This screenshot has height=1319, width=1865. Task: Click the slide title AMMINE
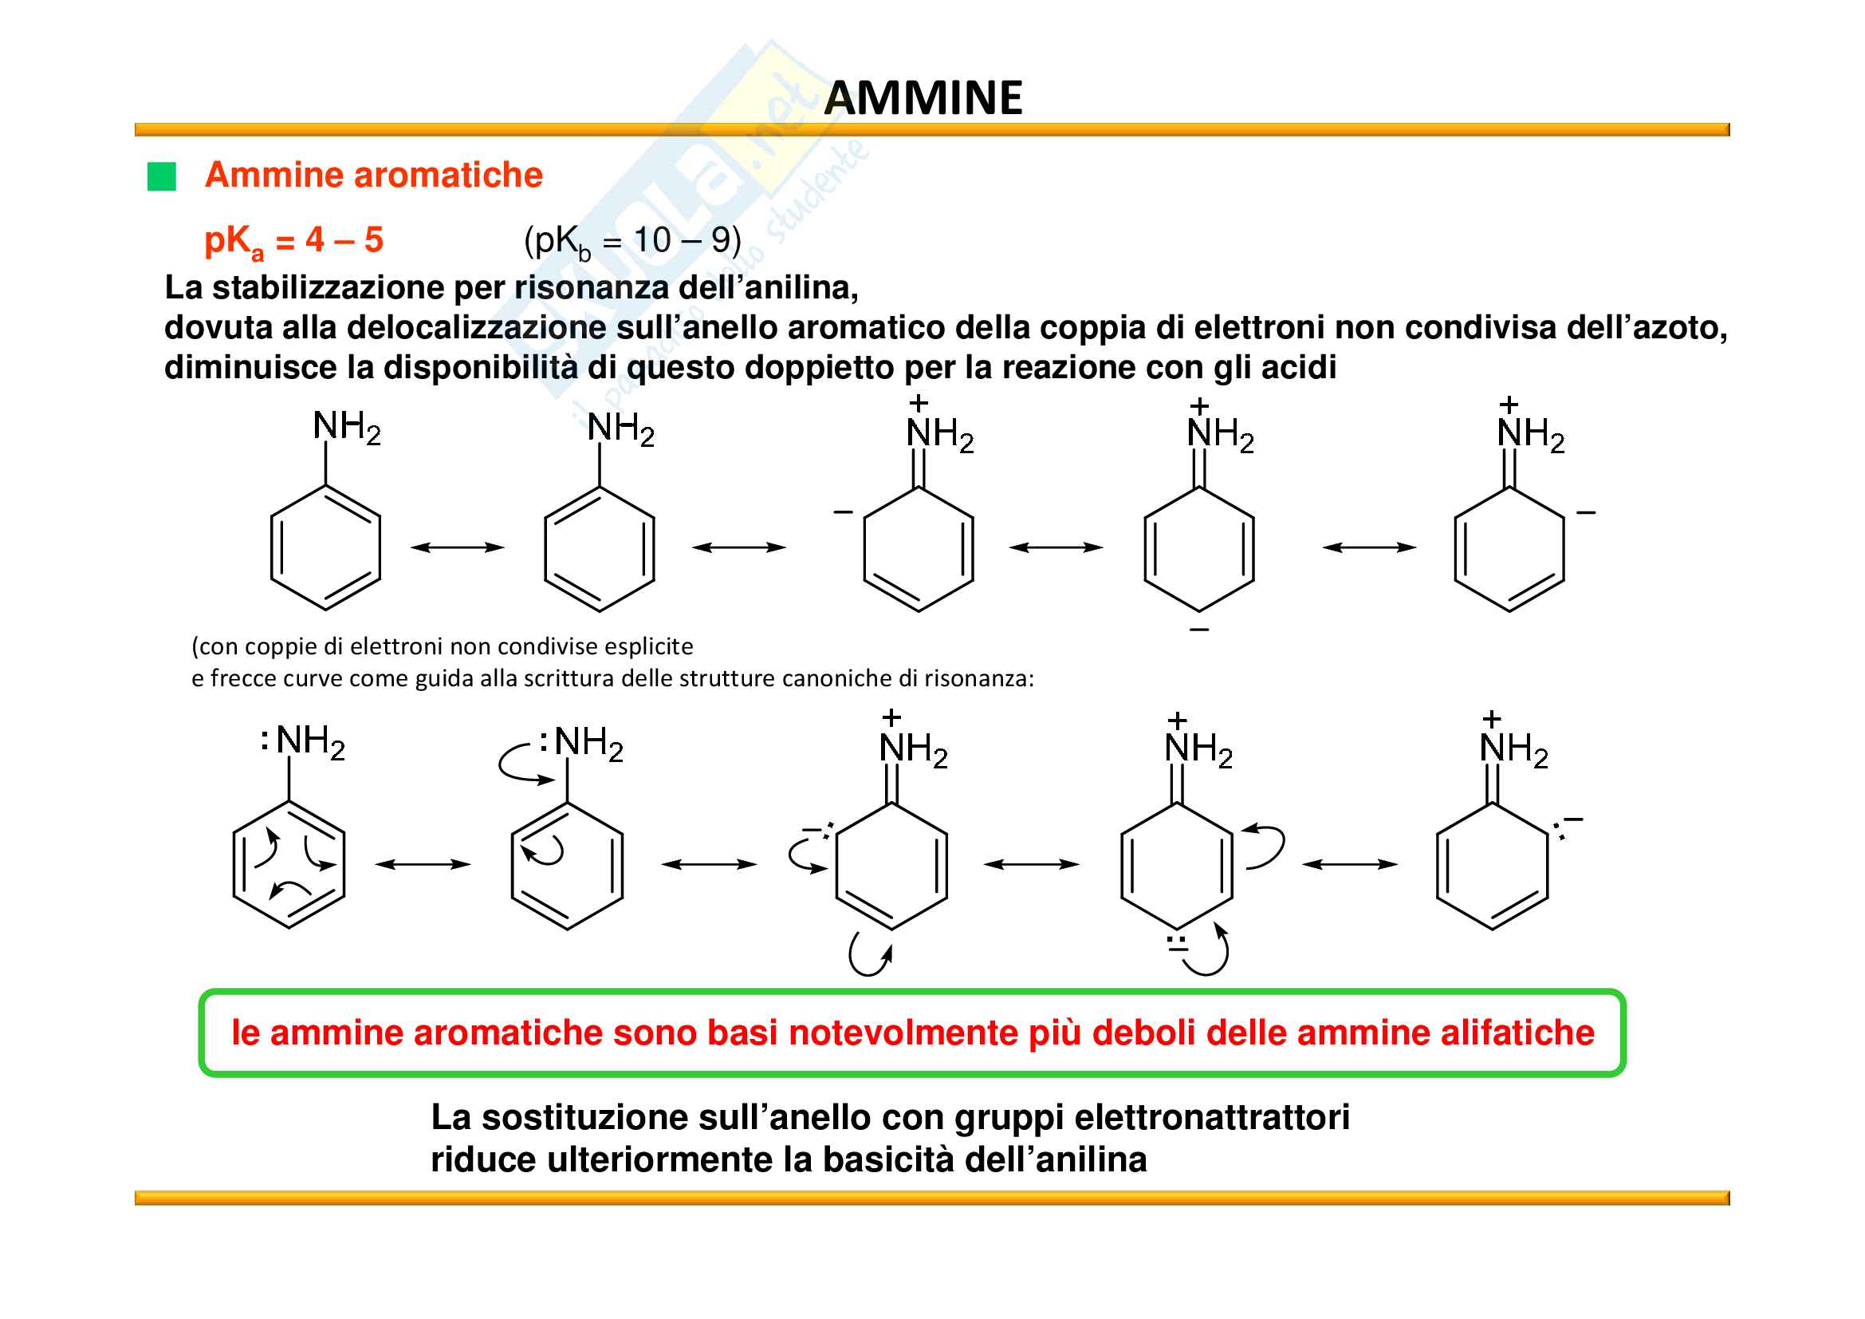click(x=923, y=98)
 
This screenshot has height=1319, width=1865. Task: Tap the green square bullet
click(x=162, y=176)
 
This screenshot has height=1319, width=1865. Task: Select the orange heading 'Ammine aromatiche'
click(x=374, y=175)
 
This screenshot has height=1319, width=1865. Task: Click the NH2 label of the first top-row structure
click(x=347, y=428)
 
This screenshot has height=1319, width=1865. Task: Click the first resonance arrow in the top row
click(x=458, y=547)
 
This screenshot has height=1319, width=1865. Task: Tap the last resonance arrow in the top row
click(x=1370, y=547)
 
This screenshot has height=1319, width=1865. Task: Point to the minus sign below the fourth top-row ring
click(x=1199, y=630)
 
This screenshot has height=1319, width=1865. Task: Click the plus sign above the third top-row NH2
click(x=919, y=403)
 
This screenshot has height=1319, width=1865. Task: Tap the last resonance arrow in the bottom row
click(x=1350, y=865)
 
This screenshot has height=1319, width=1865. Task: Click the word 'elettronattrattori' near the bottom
click(x=1212, y=1117)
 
